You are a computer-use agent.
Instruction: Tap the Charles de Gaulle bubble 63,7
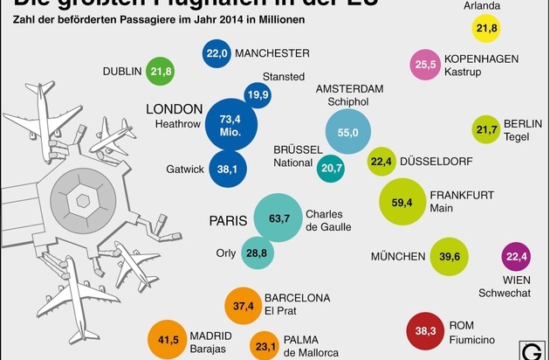tap(279, 218)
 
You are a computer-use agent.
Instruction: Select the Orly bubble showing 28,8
tap(256, 253)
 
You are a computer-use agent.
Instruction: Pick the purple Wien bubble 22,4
tap(519, 256)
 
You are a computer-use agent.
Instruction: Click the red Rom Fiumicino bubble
tap(427, 332)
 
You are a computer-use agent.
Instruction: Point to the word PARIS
tap(226, 219)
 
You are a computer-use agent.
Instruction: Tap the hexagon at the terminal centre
tap(84, 200)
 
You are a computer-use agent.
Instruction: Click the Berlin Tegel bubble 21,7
tap(485, 130)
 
